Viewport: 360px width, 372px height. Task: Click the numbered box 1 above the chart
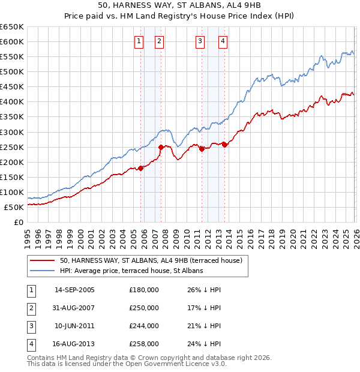(139, 41)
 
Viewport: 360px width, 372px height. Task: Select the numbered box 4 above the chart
(223, 41)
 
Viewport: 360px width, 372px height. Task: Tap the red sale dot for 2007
(161, 147)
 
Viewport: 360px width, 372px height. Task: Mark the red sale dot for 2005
(140, 168)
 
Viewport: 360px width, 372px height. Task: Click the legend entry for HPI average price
(131, 271)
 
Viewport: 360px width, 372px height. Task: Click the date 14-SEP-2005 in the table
(74, 290)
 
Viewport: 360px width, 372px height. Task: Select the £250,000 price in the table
(144, 308)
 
